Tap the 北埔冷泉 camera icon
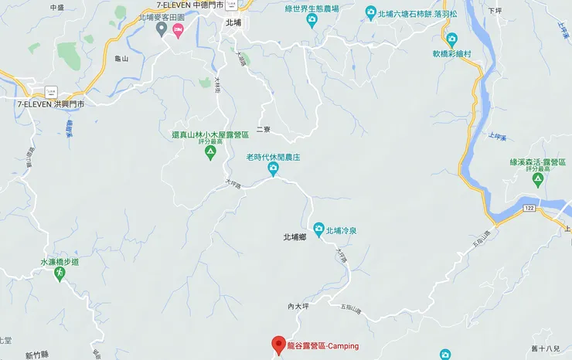coord(318,229)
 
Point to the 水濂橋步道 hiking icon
coord(60,275)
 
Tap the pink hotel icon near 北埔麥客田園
coord(179,30)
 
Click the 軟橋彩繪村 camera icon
coord(452,39)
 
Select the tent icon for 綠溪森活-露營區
coord(538,180)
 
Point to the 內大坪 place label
coord(298,307)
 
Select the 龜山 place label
coord(121,58)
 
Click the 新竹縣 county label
coord(36,356)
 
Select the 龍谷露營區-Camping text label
coord(324,345)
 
